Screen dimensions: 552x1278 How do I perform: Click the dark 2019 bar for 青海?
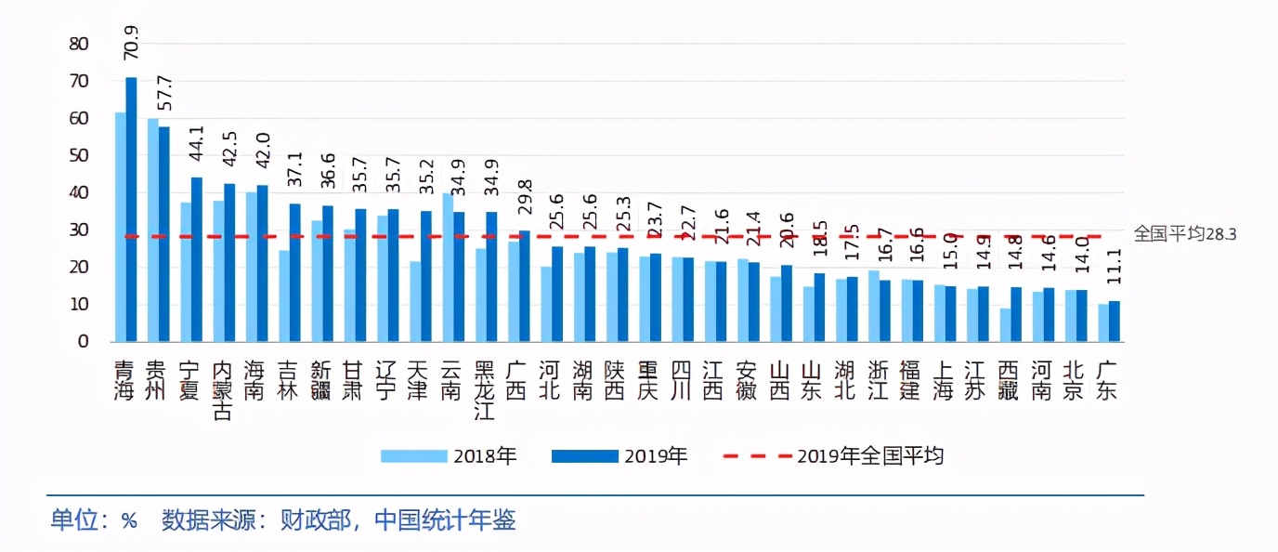pyautogui.click(x=131, y=209)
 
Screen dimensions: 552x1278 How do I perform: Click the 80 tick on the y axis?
pyautogui.click(x=79, y=44)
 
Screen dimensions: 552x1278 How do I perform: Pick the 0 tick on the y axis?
pyautogui.click(x=84, y=341)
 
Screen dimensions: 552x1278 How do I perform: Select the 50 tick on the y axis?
pyautogui.click(x=79, y=155)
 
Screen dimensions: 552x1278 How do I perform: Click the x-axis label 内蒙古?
pyautogui.click(x=222, y=389)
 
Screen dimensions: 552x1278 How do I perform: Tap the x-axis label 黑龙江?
pyautogui.click(x=484, y=389)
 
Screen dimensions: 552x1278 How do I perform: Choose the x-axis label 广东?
pyautogui.click(x=1108, y=379)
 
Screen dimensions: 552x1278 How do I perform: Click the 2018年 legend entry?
pyautogui.click(x=448, y=456)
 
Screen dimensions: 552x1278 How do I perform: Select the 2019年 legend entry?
pyautogui.click(x=619, y=456)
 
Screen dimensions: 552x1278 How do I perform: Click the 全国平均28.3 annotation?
pyautogui.click(x=1184, y=235)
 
